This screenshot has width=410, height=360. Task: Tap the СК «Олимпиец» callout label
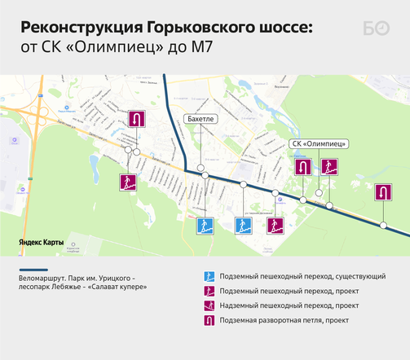(319, 144)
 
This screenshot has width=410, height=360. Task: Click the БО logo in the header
(376, 29)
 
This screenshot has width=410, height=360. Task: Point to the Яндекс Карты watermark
(42, 242)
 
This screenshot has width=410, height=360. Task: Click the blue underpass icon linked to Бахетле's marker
(205, 226)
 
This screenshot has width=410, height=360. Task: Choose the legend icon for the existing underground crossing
(208, 276)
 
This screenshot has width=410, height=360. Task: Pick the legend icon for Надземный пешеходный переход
(208, 305)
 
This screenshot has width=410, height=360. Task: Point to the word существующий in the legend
(361, 276)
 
